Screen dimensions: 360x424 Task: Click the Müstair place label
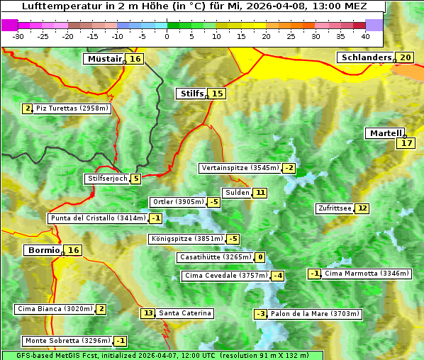tap(104, 59)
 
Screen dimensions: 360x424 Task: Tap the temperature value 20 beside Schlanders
tap(405, 57)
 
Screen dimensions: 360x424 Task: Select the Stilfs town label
tap(191, 94)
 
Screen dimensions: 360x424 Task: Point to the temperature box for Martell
tap(406, 143)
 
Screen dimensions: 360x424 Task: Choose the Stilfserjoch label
tap(106, 179)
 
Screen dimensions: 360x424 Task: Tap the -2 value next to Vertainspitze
tap(289, 168)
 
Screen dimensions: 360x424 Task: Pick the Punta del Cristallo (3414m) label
tap(97, 218)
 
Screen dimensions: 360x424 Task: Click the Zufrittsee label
tap(334, 208)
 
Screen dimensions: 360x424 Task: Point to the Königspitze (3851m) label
tap(186, 239)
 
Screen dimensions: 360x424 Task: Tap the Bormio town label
tap(43, 250)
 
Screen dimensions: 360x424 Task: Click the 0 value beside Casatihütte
tap(260, 257)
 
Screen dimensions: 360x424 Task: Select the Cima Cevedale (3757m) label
tap(225, 276)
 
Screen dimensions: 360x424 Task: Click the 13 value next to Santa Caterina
tap(147, 313)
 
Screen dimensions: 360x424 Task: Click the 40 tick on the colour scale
tap(365, 35)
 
